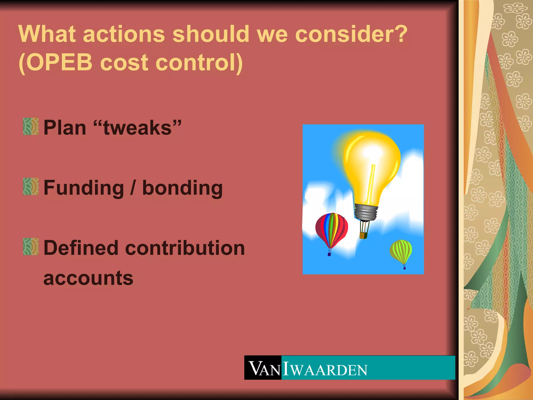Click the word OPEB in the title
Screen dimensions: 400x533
pos(59,63)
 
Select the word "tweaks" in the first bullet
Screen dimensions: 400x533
pos(138,128)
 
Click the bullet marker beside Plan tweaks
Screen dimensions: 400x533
pos(31,127)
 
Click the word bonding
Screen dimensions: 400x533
pos(182,188)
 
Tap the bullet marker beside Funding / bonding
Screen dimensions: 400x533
pos(31,186)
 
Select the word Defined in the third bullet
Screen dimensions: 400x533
pos(81,248)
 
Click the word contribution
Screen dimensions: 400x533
pos(185,248)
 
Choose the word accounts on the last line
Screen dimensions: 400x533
pos(88,278)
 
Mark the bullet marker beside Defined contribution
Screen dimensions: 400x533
pos(31,246)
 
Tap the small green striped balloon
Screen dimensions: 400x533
pos(401,251)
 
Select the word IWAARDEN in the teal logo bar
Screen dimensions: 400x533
pos(325,369)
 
